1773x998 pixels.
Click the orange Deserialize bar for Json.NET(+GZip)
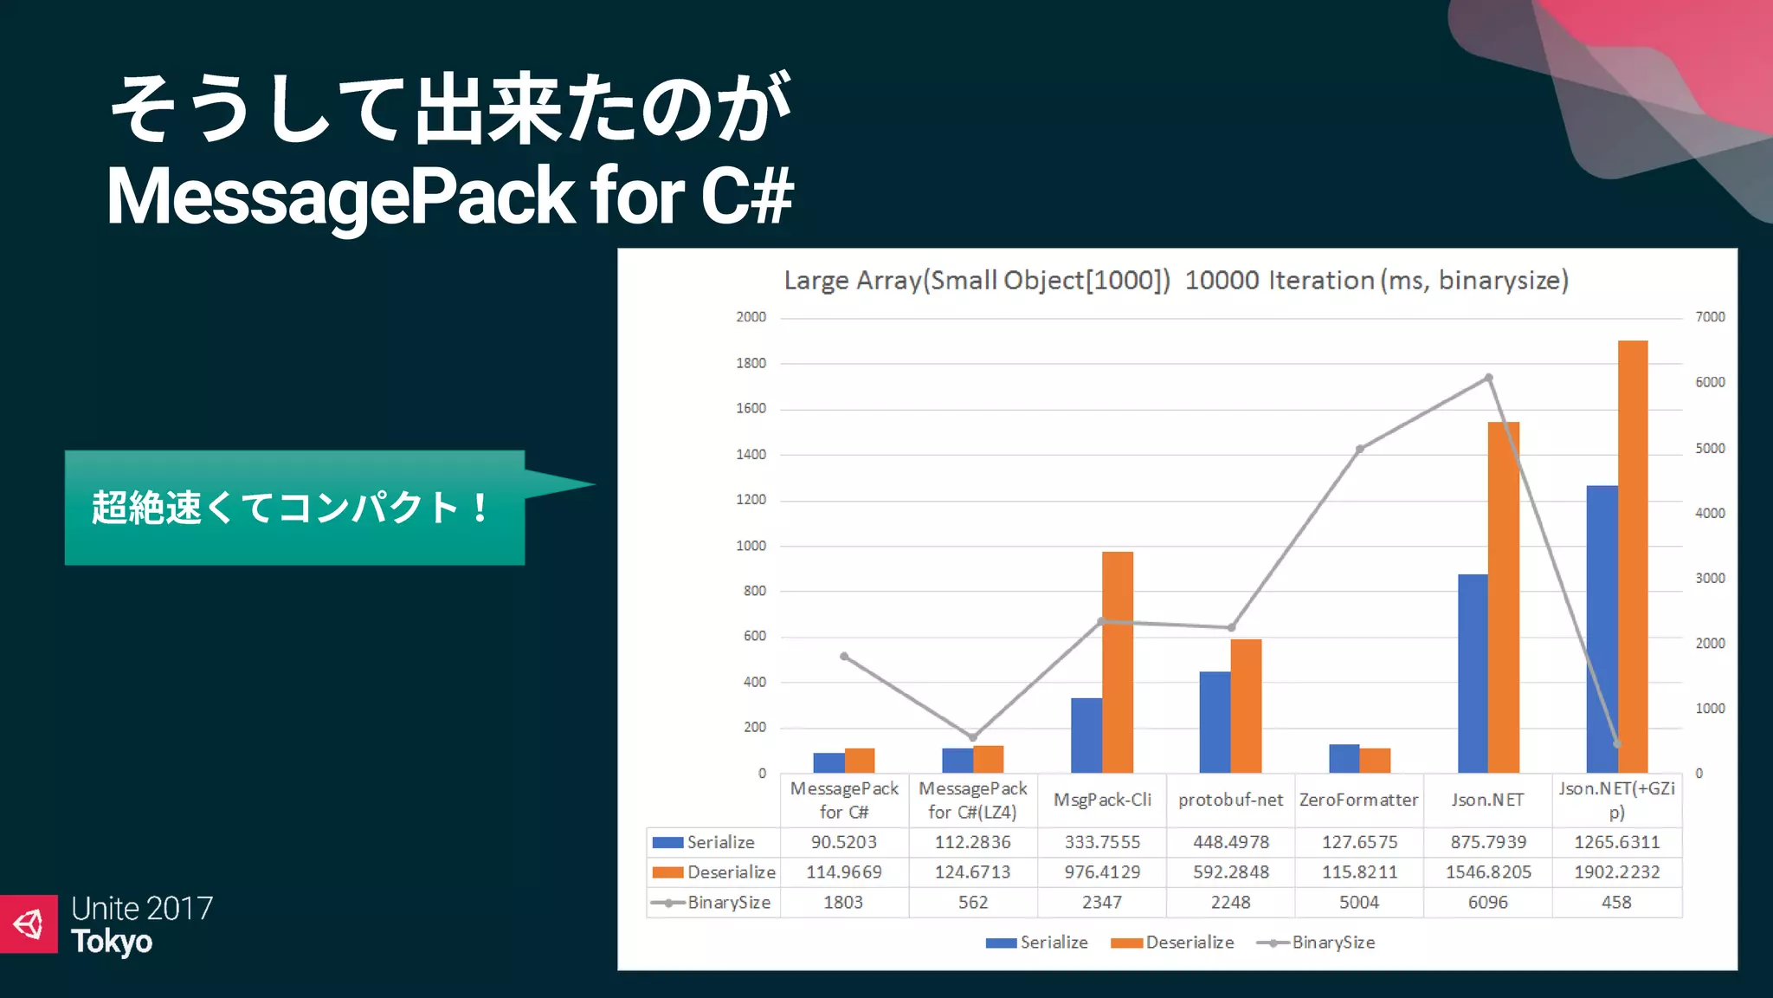[1633, 554]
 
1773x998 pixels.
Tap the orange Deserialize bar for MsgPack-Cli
[1118, 662]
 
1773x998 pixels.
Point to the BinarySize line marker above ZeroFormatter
[1359, 449]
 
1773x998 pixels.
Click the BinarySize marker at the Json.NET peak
[1488, 378]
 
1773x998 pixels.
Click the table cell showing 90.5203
[843, 842]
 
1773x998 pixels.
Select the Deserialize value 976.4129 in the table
[1102, 872]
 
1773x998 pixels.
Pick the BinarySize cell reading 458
[1616, 903]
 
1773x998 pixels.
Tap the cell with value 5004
[1359, 903]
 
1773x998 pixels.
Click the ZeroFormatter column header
[1359, 800]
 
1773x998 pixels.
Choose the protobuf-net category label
[1230, 800]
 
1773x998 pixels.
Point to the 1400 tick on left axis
[751, 454]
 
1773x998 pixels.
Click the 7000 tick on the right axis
[1710, 317]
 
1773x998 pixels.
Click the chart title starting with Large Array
[1176, 281]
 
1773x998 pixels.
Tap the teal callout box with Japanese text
[294, 508]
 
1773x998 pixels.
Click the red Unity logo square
[29, 924]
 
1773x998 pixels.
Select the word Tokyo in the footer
[112, 943]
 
